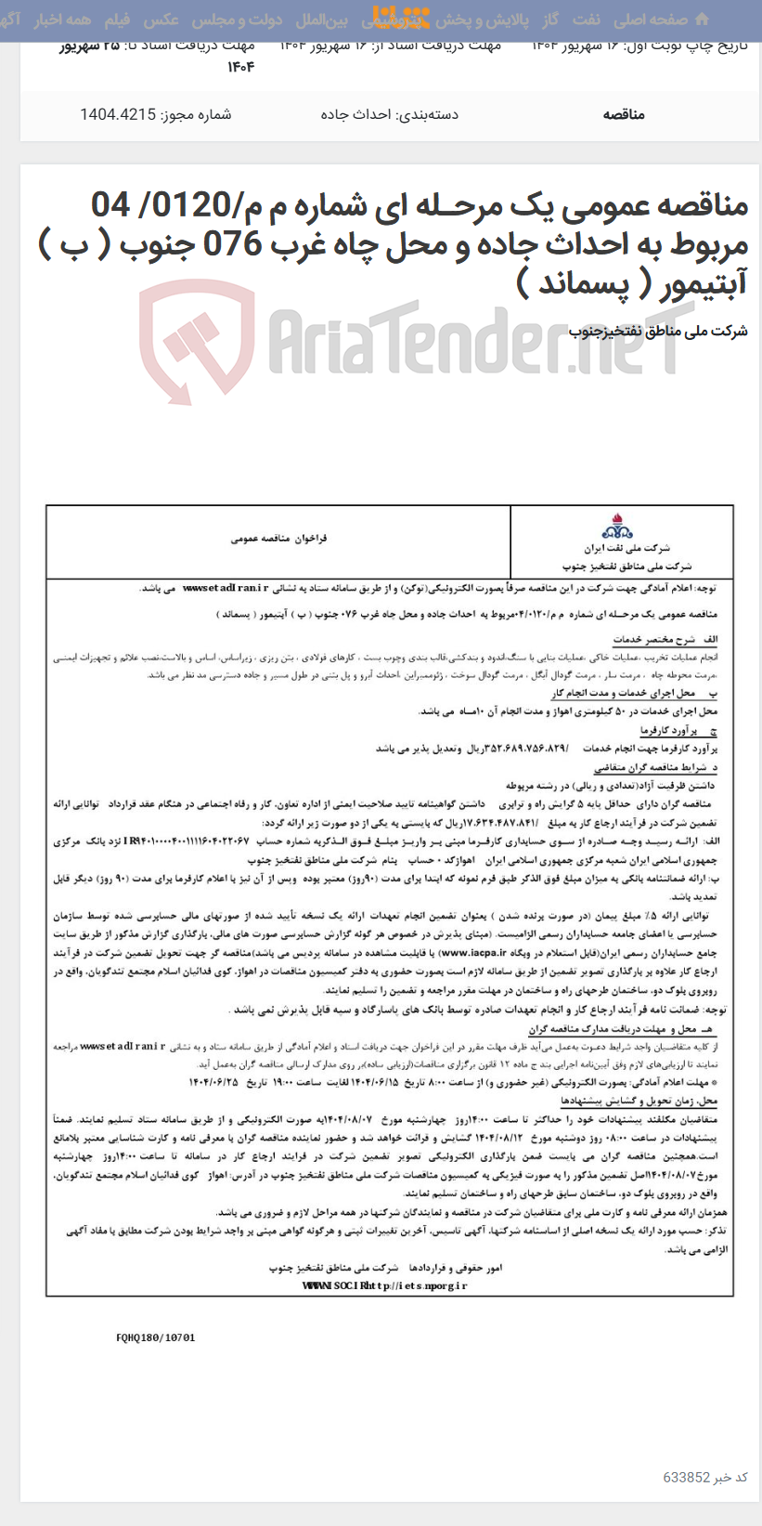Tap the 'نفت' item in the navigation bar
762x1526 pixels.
pyautogui.click(x=587, y=20)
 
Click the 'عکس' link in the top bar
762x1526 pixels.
pyautogui.click(x=161, y=20)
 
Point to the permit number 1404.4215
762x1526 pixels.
pyautogui.click(x=118, y=115)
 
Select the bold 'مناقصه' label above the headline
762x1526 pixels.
pyautogui.click(x=624, y=115)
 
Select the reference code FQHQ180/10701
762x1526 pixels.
pyautogui.click(x=156, y=1338)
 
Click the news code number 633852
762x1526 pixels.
pyautogui.click(x=687, y=1477)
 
